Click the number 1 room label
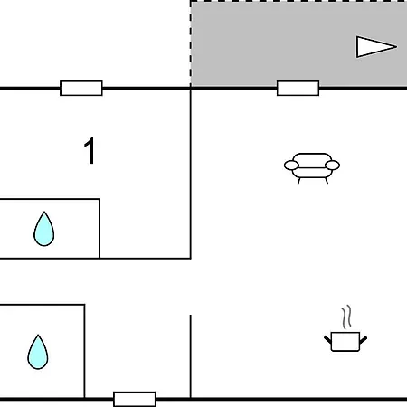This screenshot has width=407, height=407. pos(90,151)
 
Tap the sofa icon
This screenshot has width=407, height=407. pos(312,168)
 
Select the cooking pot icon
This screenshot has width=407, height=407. pos(345,342)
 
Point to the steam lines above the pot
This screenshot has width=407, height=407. pos(346,317)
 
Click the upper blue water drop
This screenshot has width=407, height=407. pos(44,229)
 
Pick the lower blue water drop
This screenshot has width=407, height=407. pos(38,352)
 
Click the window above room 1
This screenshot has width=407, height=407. pos(81,88)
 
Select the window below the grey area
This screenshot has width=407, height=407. pos(298,88)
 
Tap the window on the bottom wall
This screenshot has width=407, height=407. pos(135,399)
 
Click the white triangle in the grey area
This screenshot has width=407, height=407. pos(374,47)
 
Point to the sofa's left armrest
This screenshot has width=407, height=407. pos(291,166)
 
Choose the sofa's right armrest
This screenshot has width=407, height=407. pos(333,166)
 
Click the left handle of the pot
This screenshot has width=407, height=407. pos(327,340)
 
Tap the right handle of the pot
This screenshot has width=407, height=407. pos(364,340)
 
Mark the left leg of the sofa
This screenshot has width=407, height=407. pos(299,181)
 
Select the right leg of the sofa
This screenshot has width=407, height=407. pos(327,181)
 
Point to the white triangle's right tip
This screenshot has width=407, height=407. pos(397,47)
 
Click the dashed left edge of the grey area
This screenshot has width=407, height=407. pos(191,43)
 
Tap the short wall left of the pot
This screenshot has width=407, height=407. pos(191,356)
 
